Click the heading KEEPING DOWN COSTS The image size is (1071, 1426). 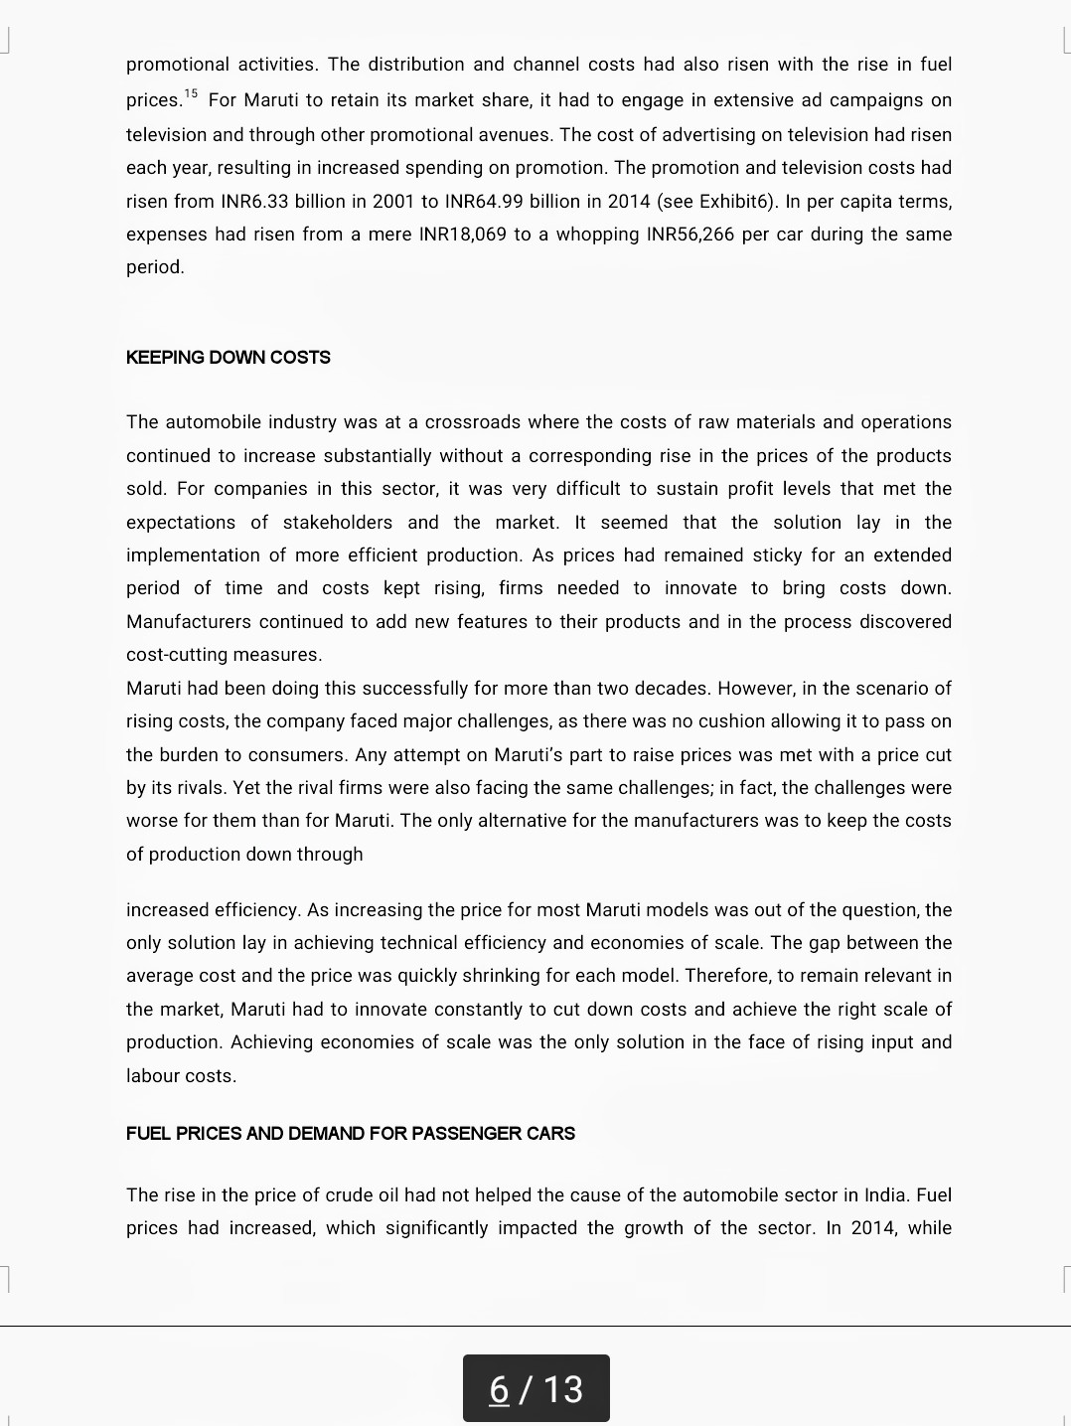point(228,358)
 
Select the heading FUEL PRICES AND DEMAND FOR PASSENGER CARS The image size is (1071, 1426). point(350,1134)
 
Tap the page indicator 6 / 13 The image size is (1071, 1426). point(535,1388)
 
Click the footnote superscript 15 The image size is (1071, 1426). point(191,94)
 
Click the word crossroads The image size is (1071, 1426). point(472,422)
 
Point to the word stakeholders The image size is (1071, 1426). point(337,523)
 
